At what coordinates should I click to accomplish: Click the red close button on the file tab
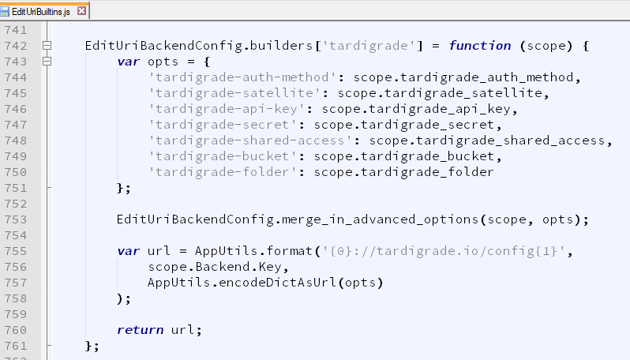click(81, 11)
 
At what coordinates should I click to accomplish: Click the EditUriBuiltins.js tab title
click(41, 12)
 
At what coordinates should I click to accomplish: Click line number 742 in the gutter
click(16, 46)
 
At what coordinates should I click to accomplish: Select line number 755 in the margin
click(16, 251)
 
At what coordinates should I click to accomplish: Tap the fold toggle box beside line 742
click(47, 46)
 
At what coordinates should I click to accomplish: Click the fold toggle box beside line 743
click(47, 62)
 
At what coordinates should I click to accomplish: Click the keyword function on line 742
click(480, 46)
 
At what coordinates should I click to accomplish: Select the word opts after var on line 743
click(163, 62)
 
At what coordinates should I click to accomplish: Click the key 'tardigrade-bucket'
click(223, 156)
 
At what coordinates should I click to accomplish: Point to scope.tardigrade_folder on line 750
click(403, 172)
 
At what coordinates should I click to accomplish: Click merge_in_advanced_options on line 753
click(380, 219)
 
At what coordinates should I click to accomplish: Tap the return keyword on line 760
click(140, 330)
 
